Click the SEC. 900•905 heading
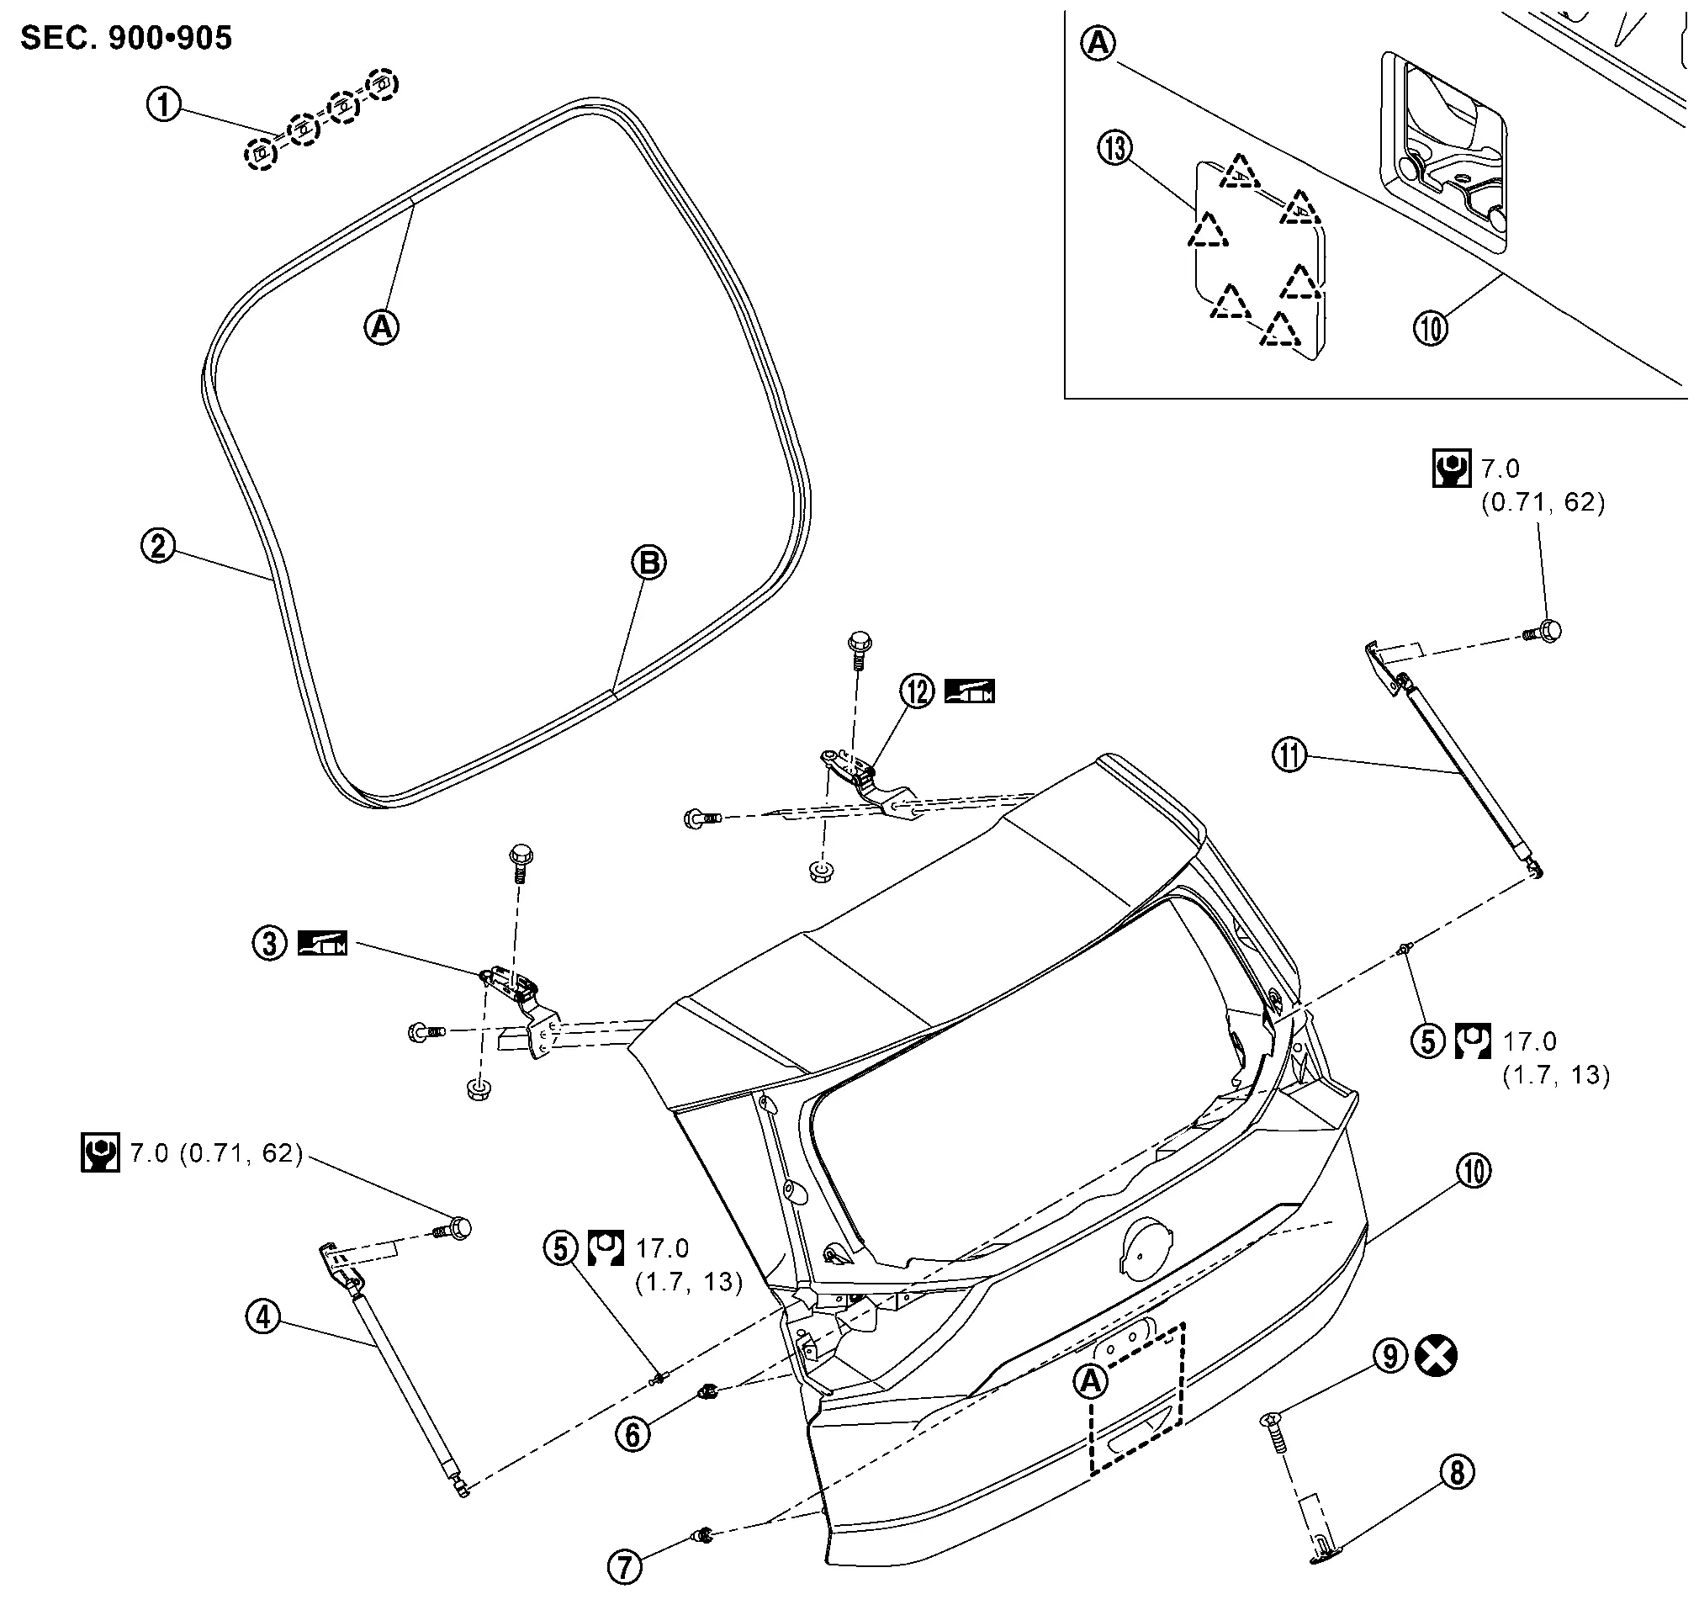(126, 38)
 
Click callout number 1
(165, 105)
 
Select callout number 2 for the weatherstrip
(158, 546)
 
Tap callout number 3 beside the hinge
(269, 944)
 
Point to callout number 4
(263, 1316)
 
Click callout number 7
(625, 1567)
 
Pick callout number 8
(1457, 1473)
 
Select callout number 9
(1391, 1356)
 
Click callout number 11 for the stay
(1289, 756)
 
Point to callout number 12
(918, 690)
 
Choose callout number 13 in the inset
(1114, 149)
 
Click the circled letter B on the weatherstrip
(648, 562)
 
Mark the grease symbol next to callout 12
(970, 691)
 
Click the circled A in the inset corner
(1099, 42)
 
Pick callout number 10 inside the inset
(1431, 327)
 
